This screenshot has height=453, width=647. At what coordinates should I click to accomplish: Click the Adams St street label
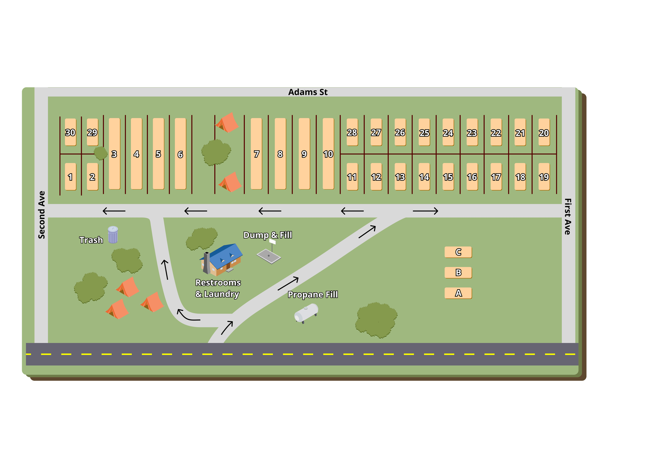(x=308, y=92)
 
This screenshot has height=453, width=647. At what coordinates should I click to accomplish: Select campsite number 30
(x=70, y=132)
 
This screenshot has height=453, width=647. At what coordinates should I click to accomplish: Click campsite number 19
(x=544, y=177)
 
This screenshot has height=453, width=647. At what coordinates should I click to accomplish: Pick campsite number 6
(x=180, y=154)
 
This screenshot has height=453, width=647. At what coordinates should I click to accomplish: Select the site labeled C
(x=458, y=252)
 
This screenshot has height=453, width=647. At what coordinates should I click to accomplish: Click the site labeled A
(x=458, y=293)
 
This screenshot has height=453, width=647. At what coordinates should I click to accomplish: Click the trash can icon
(x=113, y=235)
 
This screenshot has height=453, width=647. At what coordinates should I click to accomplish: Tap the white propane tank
(x=306, y=313)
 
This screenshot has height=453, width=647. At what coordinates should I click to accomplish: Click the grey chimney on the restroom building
(x=207, y=263)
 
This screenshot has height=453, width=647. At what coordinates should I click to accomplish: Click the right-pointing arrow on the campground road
(x=425, y=211)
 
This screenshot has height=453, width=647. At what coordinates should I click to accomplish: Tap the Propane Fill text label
(x=313, y=295)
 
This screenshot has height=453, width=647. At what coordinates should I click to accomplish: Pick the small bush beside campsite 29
(x=100, y=153)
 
